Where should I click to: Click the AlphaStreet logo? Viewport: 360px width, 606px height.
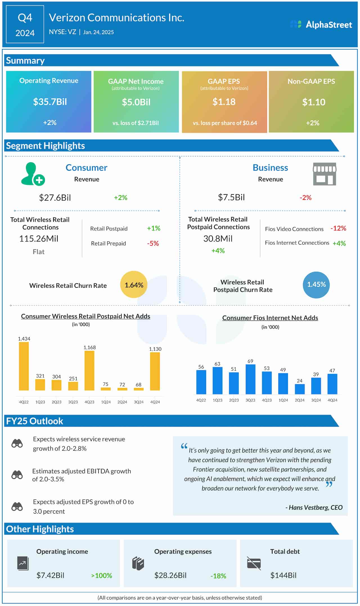pyautogui.click(x=321, y=25)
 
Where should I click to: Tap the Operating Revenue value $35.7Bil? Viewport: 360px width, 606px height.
pyautogui.click(x=50, y=102)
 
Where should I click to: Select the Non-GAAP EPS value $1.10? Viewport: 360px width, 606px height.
pyautogui.click(x=314, y=102)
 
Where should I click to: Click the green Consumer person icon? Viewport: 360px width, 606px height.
pyautogui.click(x=32, y=174)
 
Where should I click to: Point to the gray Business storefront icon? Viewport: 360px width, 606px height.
pyautogui.click(x=324, y=174)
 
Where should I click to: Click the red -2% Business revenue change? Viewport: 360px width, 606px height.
pyautogui.click(x=305, y=198)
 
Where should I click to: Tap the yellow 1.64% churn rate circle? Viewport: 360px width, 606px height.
pyautogui.click(x=134, y=285)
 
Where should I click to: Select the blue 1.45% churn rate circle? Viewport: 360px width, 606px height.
pyautogui.click(x=316, y=285)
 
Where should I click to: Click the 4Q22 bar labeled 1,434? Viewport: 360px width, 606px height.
pyautogui.click(x=24, y=366)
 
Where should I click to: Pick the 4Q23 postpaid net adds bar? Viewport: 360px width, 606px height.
pyautogui.click(x=89, y=370)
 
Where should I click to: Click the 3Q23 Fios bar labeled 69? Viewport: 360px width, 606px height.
pyautogui.click(x=250, y=379)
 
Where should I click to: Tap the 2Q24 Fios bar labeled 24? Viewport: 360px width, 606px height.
pyautogui.click(x=300, y=389)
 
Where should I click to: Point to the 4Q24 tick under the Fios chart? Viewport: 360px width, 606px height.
pyautogui.click(x=332, y=400)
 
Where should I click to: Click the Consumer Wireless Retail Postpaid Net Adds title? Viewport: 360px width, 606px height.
pyautogui.click(x=85, y=316)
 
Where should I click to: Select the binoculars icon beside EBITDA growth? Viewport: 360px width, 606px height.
pyautogui.click(x=17, y=475)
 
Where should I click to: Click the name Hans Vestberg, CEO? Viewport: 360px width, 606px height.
pyautogui.click(x=314, y=507)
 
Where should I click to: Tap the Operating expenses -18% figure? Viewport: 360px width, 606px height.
pyautogui.click(x=218, y=576)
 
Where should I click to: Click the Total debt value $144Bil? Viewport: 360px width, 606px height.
pyautogui.click(x=283, y=575)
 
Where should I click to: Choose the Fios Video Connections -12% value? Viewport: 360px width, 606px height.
pyautogui.click(x=338, y=228)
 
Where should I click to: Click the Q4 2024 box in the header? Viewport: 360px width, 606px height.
pyautogui.click(x=25, y=25)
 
